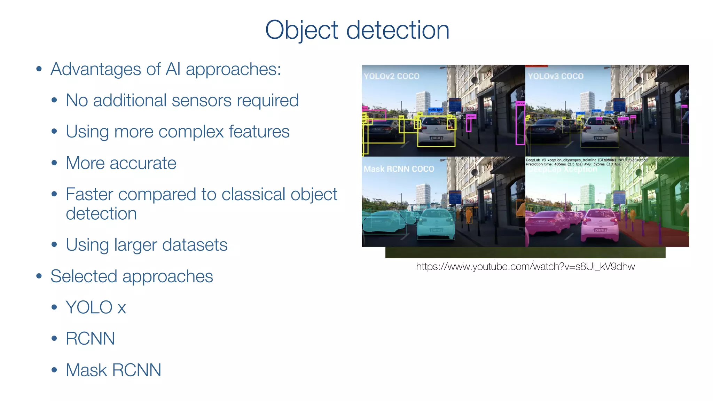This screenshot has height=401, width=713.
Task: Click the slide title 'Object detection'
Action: tap(357, 30)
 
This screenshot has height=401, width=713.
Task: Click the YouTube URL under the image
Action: tap(525, 267)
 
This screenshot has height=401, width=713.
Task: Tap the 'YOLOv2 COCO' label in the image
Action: tap(392, 76)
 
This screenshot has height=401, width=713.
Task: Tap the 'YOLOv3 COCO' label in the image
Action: tap(556, 76)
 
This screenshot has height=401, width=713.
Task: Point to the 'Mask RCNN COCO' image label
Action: tap(399, 169)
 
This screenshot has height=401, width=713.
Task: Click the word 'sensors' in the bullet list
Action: tap(202, 101)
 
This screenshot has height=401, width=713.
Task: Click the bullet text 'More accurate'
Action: tap(121, 163)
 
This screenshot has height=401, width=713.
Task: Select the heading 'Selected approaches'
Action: tap(132, 276)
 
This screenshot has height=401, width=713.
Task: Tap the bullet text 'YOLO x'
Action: tap(96, 307)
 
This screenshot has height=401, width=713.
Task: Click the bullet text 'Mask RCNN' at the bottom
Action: tap(113, 370)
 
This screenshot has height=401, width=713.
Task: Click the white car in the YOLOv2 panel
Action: tap(436, 132)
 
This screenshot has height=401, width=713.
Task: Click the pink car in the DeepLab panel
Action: tap(600, 225)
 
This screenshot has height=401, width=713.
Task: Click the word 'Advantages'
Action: tap(96, 69)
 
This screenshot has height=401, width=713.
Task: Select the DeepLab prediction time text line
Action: tap(573, 164)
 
